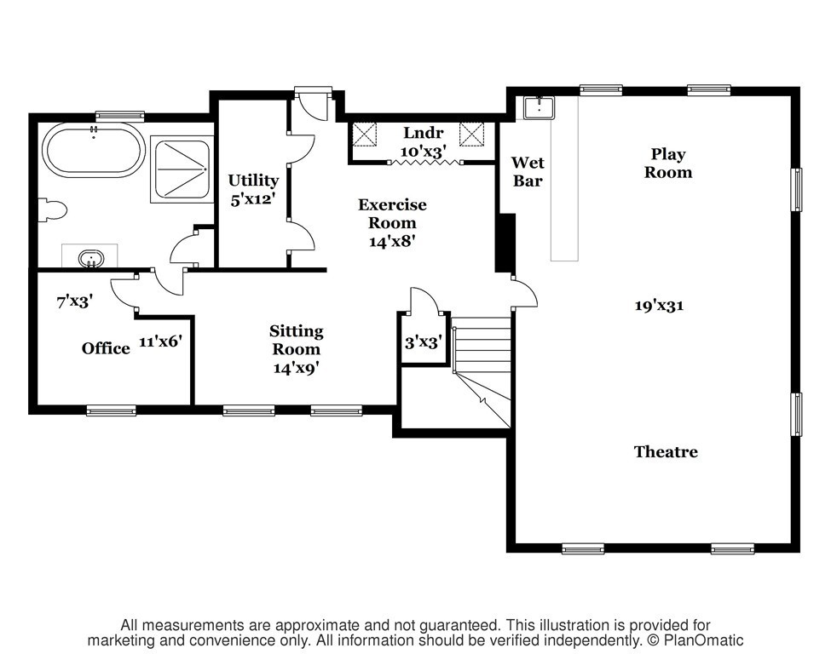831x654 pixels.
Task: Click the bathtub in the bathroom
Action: click(x=94, y=149)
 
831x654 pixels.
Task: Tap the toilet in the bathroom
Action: click(x=53, y=209)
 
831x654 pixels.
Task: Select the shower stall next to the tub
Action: click(x=181, y=169)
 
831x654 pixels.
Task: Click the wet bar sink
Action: click(x=539, y=108)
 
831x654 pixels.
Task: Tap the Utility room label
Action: click(x=253, y=181)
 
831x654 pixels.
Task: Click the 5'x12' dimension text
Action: click(x=253, y=199)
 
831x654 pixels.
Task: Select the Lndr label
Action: click(x=423, y=132)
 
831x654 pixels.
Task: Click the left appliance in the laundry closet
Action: click(x=365, y=135)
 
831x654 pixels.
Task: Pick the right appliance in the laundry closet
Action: click(x=472, y=135)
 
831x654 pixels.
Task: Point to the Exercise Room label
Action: click(x=392, y=214)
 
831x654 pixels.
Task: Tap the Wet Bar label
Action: click(x=528, y=171)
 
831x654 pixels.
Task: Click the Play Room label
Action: click(x=668, y=163)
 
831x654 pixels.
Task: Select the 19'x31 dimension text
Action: click(x=660, y=306)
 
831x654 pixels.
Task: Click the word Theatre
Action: click(x=667, y=451)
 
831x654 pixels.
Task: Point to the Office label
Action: click(x=106, y=348)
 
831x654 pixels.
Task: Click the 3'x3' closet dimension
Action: click(x=423, y=342)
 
